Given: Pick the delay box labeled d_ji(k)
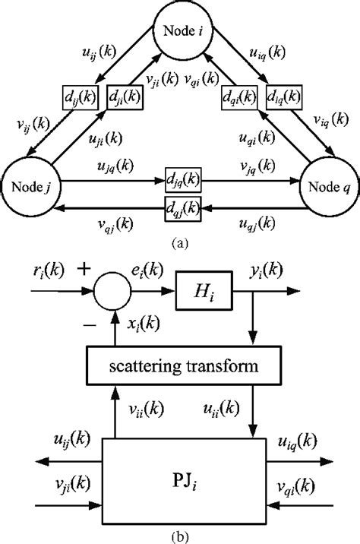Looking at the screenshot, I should [x=124, y=97].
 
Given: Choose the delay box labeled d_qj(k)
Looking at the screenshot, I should [x=183, y=205].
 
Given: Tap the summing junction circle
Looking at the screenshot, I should [x=112, y=289].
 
